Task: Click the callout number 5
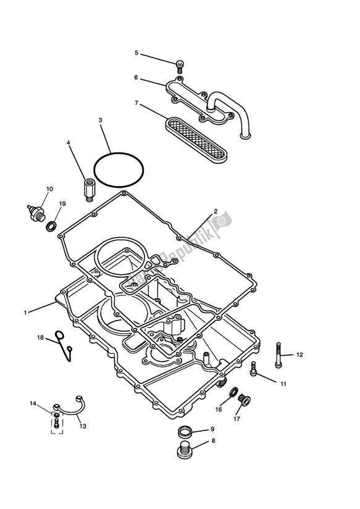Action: click(136, 53)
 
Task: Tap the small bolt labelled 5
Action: click(180, 65)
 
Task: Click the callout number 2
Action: click(216, 211)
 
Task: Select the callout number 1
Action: click(25, 313)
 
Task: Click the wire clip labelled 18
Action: click(64, 345)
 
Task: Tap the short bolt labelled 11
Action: click(253, 370)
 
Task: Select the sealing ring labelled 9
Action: click(183, 431)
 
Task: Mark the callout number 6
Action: click(136, 78)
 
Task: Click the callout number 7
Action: click(136, 104)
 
